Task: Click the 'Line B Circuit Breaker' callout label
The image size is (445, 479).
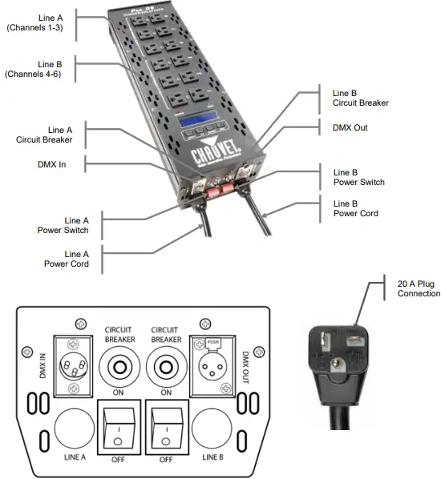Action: point(361,97)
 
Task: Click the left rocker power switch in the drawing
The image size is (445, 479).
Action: point(118,425)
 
